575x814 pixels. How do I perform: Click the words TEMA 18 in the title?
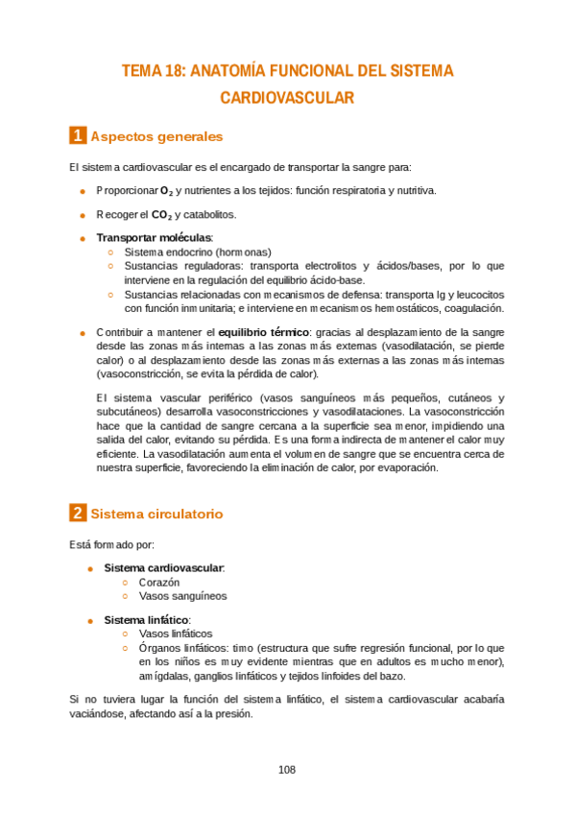coord(154,71)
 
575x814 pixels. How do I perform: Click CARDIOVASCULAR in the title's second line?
coord(287,97)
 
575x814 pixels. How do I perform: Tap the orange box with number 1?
coord(78,135)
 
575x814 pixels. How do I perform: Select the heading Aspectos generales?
coord(156,136)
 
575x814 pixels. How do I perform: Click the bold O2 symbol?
coord(167,191)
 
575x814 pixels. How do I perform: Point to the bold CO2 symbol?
coord(161,215)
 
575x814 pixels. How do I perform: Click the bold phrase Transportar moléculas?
coord(154,237)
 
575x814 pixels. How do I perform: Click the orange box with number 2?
coord(78,514)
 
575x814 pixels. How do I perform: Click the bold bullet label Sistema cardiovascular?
coord(163,568)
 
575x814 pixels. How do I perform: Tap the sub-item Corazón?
coord(159,582)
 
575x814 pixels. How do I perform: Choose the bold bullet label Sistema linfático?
coord(147,620)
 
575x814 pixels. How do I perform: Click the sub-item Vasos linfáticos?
coord(176,634)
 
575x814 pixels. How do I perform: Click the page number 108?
coord(287,769)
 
